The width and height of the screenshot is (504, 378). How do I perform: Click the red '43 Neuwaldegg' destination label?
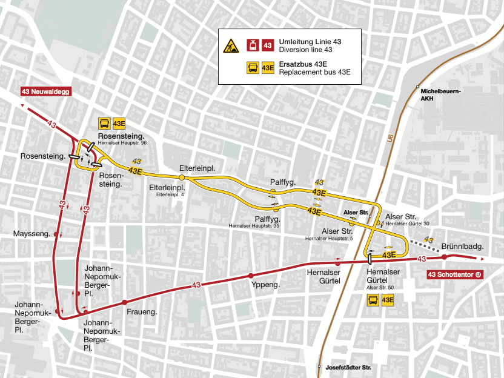[46, 91]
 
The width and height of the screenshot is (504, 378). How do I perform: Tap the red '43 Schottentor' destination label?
[454, 274]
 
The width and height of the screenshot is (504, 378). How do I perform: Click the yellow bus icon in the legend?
[251, 68]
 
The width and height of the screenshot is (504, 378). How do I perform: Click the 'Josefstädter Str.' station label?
[348, 367]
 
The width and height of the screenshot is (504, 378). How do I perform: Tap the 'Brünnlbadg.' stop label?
[462, 247]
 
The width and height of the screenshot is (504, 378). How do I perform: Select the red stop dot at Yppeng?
[251, 276]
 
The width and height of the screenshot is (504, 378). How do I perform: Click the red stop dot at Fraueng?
[125, 302]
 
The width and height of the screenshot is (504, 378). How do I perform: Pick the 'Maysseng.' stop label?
[31, 234]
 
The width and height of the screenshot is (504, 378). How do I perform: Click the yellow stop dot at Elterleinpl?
[181, 177]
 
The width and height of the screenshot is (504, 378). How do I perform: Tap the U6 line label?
[389, 139]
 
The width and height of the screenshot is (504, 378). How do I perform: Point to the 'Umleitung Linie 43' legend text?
[310, 41]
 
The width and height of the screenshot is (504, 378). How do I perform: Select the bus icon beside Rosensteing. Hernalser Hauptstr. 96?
[104, 124]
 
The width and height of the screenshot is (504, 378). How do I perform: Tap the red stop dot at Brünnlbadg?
[444, 257]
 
